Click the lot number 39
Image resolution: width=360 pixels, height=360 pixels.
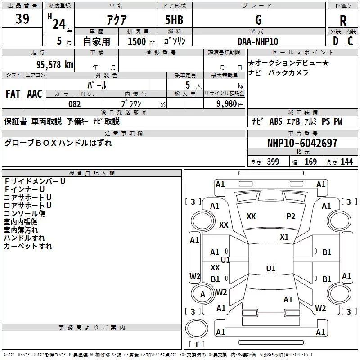click(22, 19)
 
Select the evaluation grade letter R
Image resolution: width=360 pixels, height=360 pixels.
click(343, 21)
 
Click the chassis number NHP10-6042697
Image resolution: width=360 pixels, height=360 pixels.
click(302, 143)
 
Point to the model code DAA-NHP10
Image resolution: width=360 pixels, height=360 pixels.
click(258, 41)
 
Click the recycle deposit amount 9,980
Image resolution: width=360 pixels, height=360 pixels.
click(227, 103)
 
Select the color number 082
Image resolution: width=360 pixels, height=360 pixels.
click(74, 103)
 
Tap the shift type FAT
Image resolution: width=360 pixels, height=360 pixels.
click(13, 94)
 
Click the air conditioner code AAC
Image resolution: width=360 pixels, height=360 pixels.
click(35, 94)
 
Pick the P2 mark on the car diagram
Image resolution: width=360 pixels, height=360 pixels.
click(291, 216)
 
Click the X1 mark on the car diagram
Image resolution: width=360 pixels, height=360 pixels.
click(284, 237)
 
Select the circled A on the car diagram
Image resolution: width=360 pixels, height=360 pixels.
click(203, 294)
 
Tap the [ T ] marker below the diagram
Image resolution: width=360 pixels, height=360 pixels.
click(199, 345)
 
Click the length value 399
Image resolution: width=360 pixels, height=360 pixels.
click(273, 162)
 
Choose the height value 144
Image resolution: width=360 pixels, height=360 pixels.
click(346, 162)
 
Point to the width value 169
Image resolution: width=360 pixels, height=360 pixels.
click(310, 162)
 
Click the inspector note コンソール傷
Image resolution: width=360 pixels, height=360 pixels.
click(25, 213)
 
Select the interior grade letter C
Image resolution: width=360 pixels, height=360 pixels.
click(350, 41)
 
